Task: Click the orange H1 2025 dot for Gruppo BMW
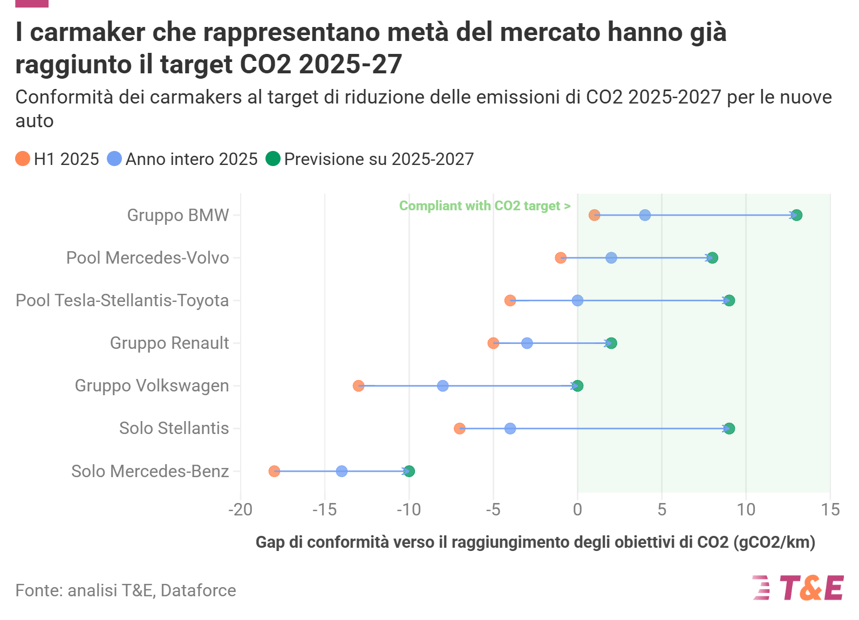point(595,215)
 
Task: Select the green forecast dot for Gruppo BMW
point(796,215)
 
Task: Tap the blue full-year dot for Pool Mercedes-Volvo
point(611,258)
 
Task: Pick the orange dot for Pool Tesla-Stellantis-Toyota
point(510,300)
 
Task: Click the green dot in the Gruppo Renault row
point(611,343)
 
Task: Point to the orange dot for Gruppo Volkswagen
point(358,386)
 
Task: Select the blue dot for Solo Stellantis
point(510,429)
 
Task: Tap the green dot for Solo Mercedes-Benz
point(409,471)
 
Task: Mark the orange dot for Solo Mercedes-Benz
point(274,471)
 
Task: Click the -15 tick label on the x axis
point(324,510)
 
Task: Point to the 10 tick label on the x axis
point(746,510)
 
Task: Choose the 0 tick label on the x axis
point(577,510)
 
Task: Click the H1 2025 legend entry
point(57,159)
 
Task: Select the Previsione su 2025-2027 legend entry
point(370,159)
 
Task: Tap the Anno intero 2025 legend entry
point(182,159)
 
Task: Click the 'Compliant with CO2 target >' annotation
point(485,206)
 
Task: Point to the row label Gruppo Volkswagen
point(152,386)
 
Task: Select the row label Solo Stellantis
point(174,429)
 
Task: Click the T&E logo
point(798,588)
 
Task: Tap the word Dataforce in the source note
point(198,590)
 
